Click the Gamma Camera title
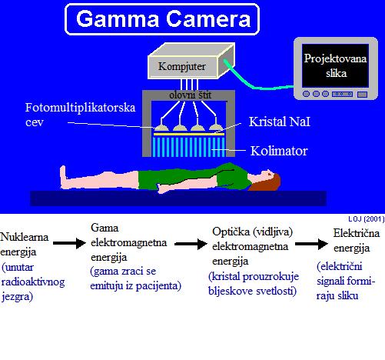coord(163,18)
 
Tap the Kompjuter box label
coord(182,66)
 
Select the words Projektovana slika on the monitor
coord(335,65)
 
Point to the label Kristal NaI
coord(280,122)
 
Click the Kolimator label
coord(279,151)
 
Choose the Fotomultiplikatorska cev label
coord(80,115)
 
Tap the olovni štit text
coord(191,95)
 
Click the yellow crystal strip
coord(189,134)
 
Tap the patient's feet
coord(63,177)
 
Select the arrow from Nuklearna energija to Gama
coord(69,243)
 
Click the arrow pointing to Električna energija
coord(311,244)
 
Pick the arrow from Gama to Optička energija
coord(191,244)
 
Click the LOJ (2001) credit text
coord(367,219)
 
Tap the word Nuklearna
coord(25,237)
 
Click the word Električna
coord(357,233)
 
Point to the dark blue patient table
coord(178,198)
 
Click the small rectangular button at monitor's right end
coord(362,95)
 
